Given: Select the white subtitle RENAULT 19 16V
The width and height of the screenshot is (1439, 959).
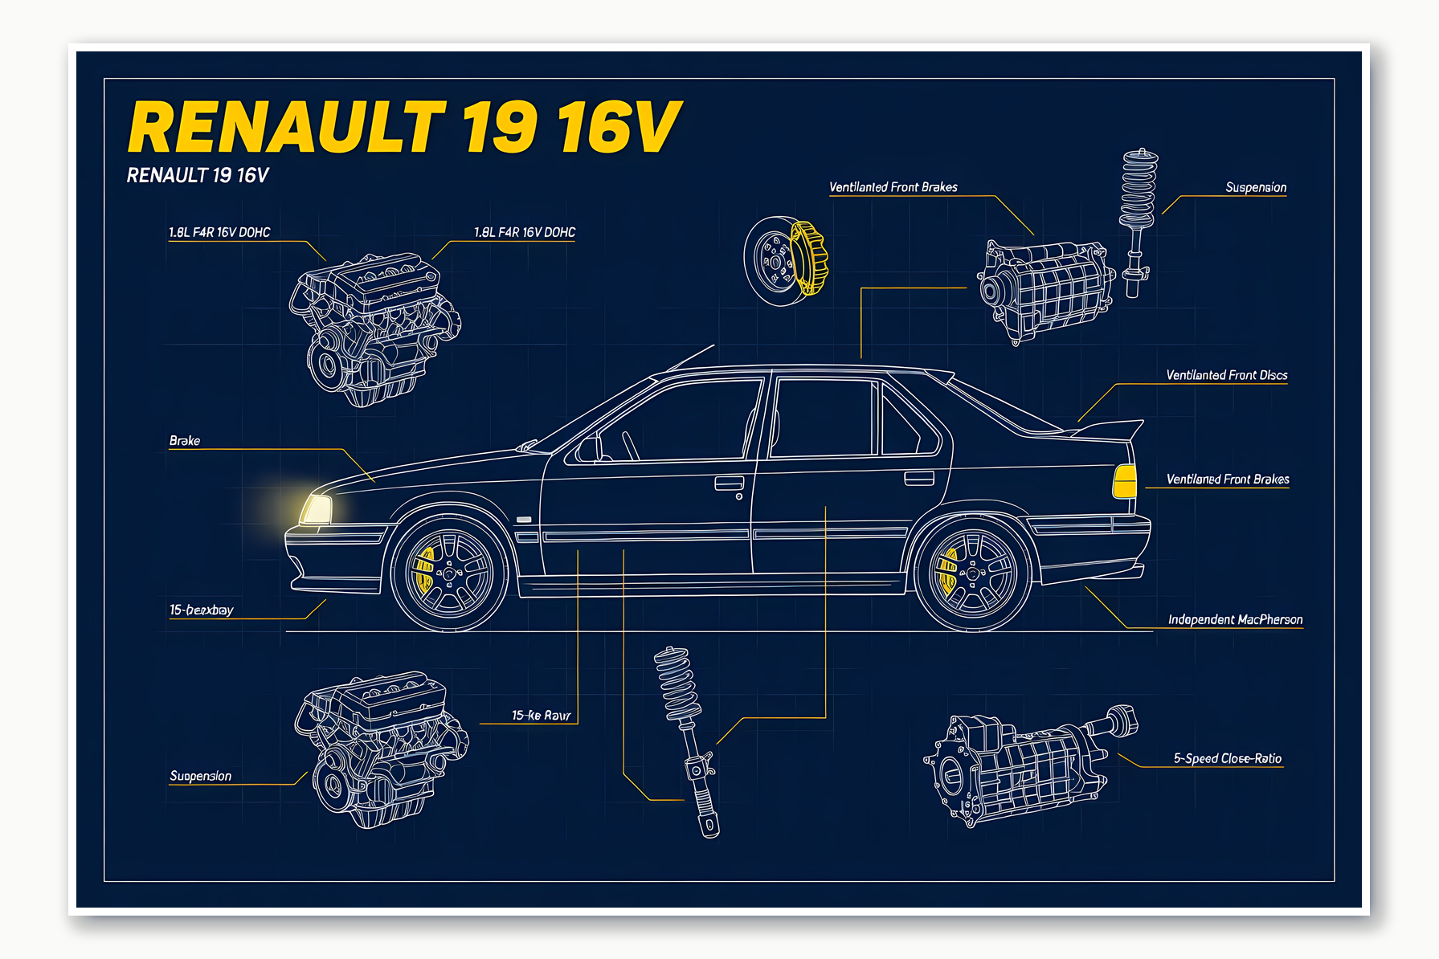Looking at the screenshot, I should (198, 176).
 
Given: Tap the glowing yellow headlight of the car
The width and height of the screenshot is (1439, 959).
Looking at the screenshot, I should (317, 510).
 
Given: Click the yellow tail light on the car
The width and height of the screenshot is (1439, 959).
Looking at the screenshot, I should (1125, 481).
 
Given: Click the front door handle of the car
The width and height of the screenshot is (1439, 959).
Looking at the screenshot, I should (729, 483).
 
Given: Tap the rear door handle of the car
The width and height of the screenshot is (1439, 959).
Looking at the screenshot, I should (918, 478).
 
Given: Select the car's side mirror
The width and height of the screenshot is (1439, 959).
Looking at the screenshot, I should (588, 449).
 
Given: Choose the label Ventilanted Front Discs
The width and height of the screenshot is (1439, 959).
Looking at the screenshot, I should (1226, 375).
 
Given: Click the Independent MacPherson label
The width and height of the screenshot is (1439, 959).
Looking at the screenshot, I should (1235, 619).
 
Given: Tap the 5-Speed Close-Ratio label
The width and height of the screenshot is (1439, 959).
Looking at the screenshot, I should (1227, 758).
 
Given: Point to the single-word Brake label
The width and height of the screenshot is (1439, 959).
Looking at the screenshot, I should (185, 441).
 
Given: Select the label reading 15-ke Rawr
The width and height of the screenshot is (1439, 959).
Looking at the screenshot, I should (541, 715).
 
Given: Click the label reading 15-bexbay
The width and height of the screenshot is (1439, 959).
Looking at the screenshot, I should (201, 610).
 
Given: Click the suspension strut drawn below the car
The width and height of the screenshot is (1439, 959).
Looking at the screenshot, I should (688, 739).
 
